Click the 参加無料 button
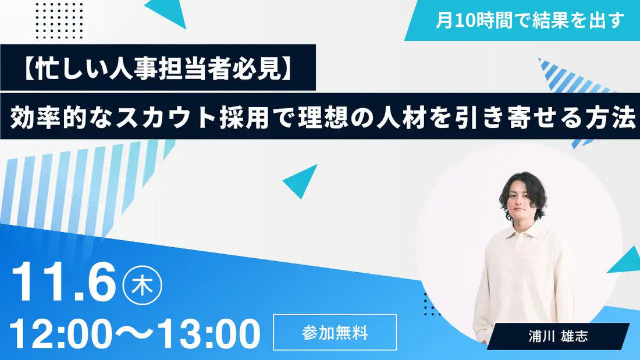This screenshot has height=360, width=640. point(335,332)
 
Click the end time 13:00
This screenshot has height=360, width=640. point(208,334)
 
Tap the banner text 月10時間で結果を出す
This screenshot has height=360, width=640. point(529,20)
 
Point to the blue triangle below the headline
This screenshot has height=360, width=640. point(302,180)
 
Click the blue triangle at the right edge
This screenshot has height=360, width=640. point(627,261)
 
